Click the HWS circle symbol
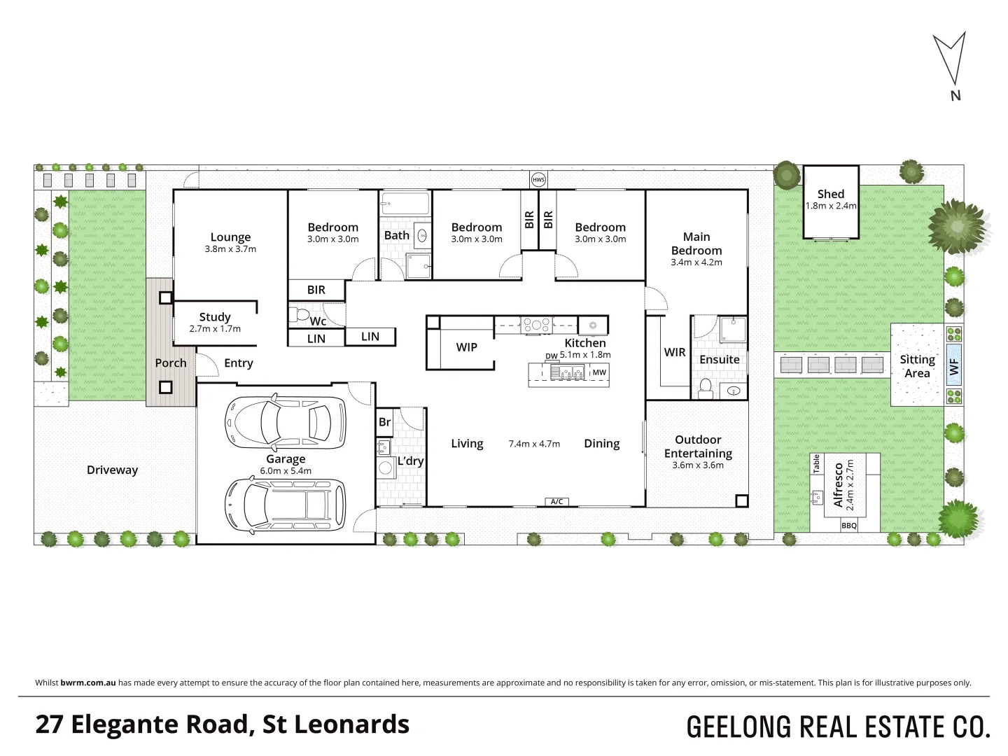pyautogui.click(x=538, y=180)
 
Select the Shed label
pyautogui.click(x=831, y=194)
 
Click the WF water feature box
pyautogui.click(x=954, y=365)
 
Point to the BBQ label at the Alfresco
pyautogui.click(x=849, y=525)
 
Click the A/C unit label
pyautogui.click(x=556, y=501)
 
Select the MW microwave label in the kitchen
pyautogui.click(x=599, y=372)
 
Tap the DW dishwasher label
pyautogui.click(x=552, y=356)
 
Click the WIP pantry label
pyautogui.click(x=466, y=347)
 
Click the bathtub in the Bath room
pyautogui.click(x=405, y=204)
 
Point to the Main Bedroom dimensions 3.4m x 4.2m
pyautogui.click(x=696, y=262)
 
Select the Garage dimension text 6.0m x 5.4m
pyautogui.click(x=285, y=471)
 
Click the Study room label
pyautogui.click(x=215, y=317)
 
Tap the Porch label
pyautogui.click(x=171, y=363)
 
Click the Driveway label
pyautogui.click(x=112, y=470)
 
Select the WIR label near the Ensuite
pyautogui.click(x=675, y=352)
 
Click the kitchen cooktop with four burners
pyautogui.click(x=537, y=324)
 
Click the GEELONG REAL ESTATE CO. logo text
pyautogui.click(x=838, y=727)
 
